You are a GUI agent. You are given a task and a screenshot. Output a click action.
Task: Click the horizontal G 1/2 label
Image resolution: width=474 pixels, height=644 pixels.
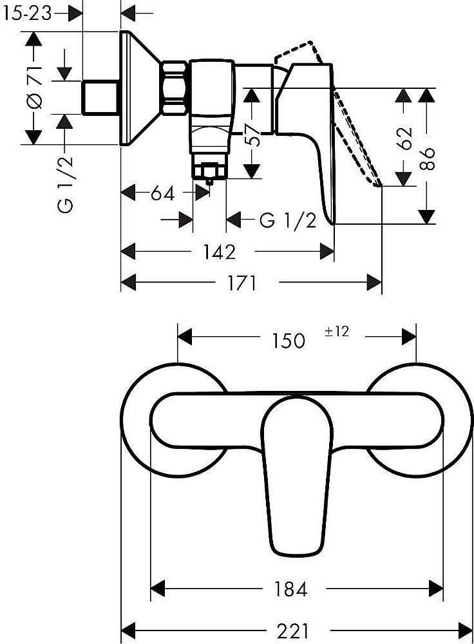(287, 221)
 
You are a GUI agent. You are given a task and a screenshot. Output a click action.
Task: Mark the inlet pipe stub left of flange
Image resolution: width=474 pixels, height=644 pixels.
(101, 97)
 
